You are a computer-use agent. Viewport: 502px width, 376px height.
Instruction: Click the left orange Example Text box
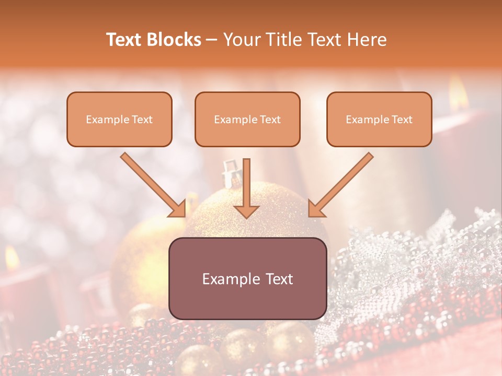(119, 119)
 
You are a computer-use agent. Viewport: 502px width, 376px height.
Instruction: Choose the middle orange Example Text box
(247, 119)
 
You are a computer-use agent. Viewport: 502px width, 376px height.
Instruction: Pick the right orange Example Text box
(379, 119)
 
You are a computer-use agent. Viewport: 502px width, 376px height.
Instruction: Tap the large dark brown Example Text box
(248, 278)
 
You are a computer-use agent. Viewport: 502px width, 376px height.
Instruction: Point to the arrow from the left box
(152, 184)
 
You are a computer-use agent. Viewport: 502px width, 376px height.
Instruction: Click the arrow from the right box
(342, 184)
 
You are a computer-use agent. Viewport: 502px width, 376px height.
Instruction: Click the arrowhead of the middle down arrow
(246, 211)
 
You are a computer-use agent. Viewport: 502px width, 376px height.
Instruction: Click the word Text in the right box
(402, 120)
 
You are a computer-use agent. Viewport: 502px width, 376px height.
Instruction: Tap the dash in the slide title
(212, 40)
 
